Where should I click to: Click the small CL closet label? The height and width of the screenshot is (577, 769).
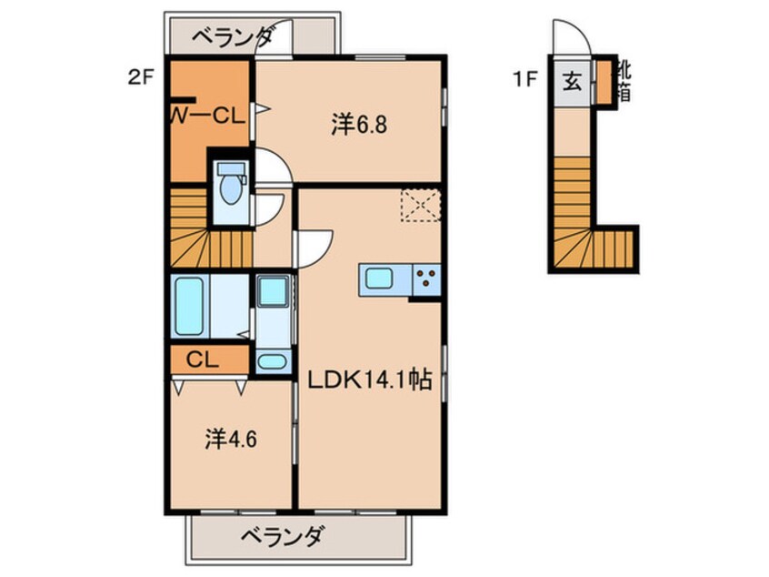[203, 359]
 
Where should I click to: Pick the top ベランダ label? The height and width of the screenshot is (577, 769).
[232, 38]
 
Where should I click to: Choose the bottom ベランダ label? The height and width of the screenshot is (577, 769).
[282, 537]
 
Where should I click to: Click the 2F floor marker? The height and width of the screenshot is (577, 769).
[140, 77]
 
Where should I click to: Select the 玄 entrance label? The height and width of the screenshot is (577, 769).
[572, 81]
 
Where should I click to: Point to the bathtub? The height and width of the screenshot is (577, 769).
[189, 306]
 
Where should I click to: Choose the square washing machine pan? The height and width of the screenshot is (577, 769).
[271, 292]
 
